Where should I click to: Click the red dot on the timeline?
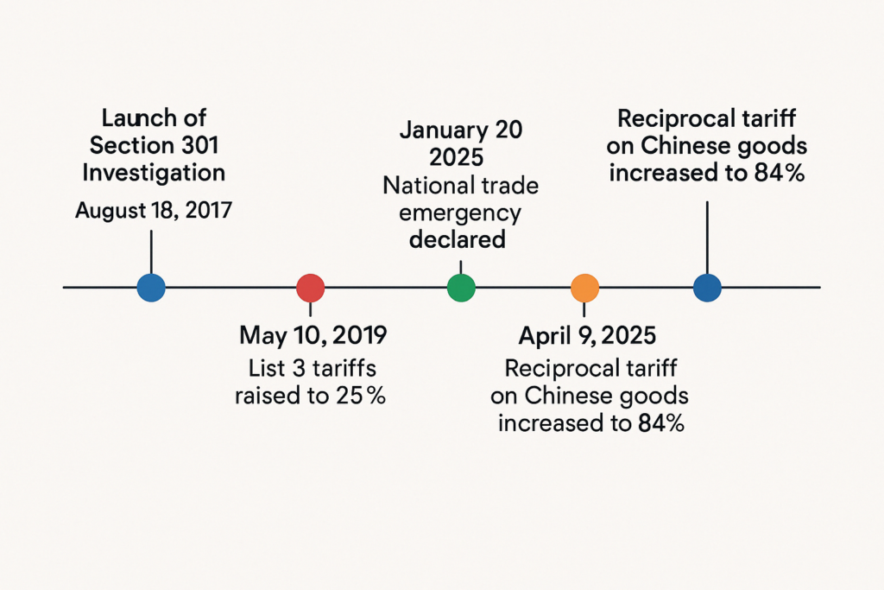[x=310, y=288]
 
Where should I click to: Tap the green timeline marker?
[x=461, y=288]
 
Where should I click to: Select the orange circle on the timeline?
[x=584, y=288]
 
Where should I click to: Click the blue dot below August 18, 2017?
[x=151, y=288]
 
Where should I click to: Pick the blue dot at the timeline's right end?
[x=707, y=288]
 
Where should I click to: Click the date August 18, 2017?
[x=153, y=210]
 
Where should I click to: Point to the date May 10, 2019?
[x=313, y=334]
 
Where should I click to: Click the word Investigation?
[x=154, y=172]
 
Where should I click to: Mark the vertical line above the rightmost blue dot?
[x=707, y=238]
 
